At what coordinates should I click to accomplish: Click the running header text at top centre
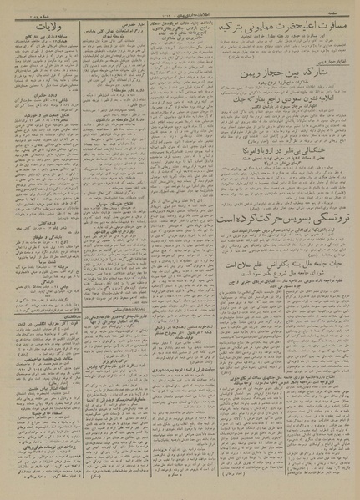point(180,7)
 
